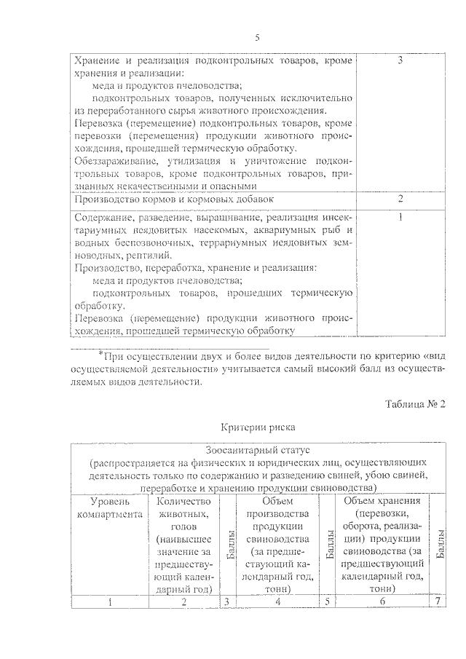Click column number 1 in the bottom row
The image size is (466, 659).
pyautogui.click(x=109, y=601)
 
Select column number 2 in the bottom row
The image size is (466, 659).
pyautogui.click(x=183, y=601)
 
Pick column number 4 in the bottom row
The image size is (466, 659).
pyautogui.click(x=278, y=601)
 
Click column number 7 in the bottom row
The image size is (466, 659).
pyautogui.click(x=438, y=601)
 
